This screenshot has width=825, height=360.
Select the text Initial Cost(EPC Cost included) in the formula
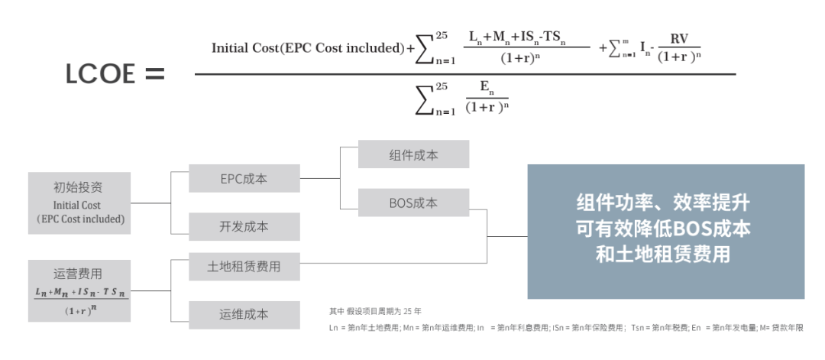308,48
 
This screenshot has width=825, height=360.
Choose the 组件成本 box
413,154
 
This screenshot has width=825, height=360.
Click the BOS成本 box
413,203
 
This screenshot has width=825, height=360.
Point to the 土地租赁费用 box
243,267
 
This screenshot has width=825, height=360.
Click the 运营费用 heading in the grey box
78,274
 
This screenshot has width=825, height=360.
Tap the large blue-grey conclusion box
665,231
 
